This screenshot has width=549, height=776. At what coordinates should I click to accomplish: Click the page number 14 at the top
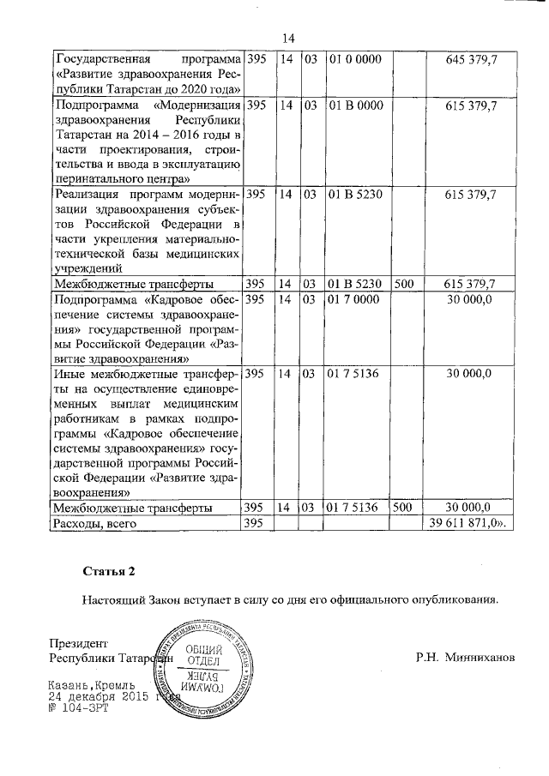287,38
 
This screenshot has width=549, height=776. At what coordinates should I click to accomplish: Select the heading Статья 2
108,571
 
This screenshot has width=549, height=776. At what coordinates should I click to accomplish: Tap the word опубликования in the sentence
456,599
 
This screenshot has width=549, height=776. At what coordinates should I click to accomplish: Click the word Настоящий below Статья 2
115,599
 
